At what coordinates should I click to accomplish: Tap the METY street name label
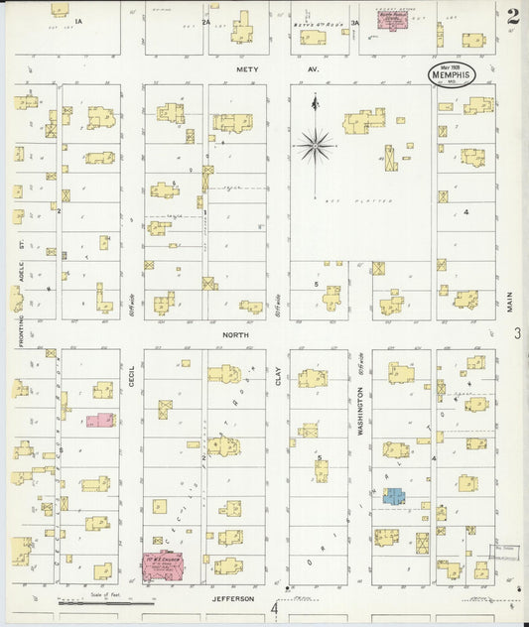click(x=247, y=69)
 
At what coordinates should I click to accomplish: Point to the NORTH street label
click(x=235, y=335)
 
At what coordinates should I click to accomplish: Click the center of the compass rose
click(x=316, y=146)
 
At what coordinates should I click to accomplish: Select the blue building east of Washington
click(x=393, y=495)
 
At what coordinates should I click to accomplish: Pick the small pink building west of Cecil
click(x=100, y=420)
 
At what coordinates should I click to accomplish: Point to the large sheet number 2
click(x=511, y=17)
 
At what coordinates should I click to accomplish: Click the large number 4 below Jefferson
click(x=275, y=607)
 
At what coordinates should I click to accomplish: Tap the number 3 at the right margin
click(x=517, y=334)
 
